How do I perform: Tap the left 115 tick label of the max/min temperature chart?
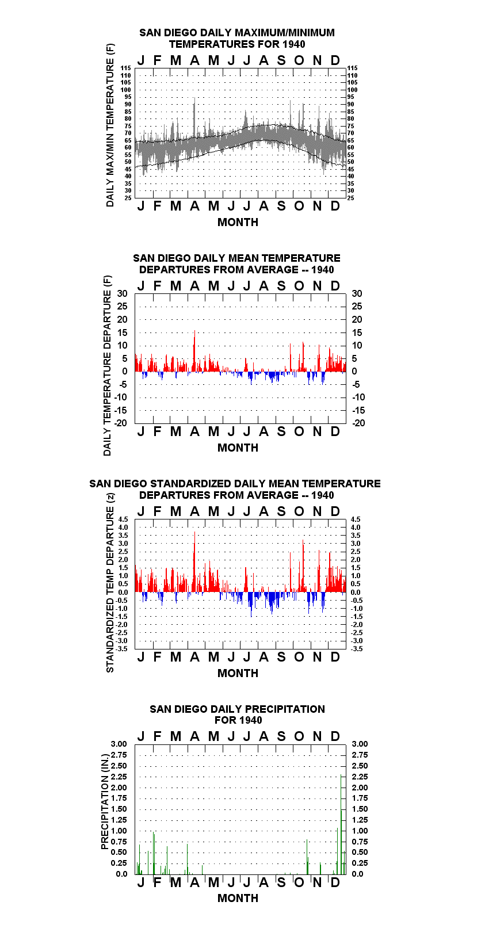click(x=126, y=68)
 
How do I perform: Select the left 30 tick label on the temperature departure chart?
click(x=122, y=293)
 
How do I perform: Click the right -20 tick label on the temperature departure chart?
click(x=358, y=423)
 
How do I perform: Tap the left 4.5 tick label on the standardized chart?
click(x=123, y=519)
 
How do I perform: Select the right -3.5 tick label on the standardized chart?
click(x=357, y=649)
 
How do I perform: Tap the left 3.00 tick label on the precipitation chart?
click(x=119, y=744)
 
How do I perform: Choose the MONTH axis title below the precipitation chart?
click(x=238, y=898)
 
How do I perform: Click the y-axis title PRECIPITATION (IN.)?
click(x=105, y=801)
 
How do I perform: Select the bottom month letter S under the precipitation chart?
click(x=281, y=882)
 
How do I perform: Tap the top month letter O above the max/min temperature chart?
click(x=299, y=60)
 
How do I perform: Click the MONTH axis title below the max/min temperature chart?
click(x=238, y=223)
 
